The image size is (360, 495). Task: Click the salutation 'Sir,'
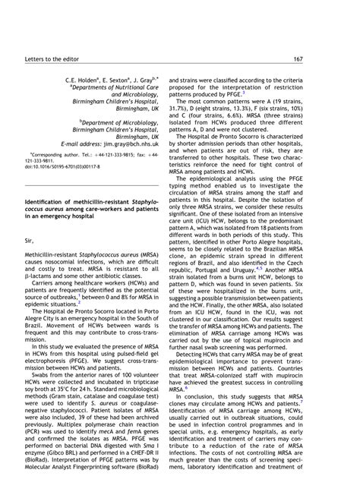coord(31,219)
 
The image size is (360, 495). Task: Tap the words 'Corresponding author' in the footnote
coord(51,153)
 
